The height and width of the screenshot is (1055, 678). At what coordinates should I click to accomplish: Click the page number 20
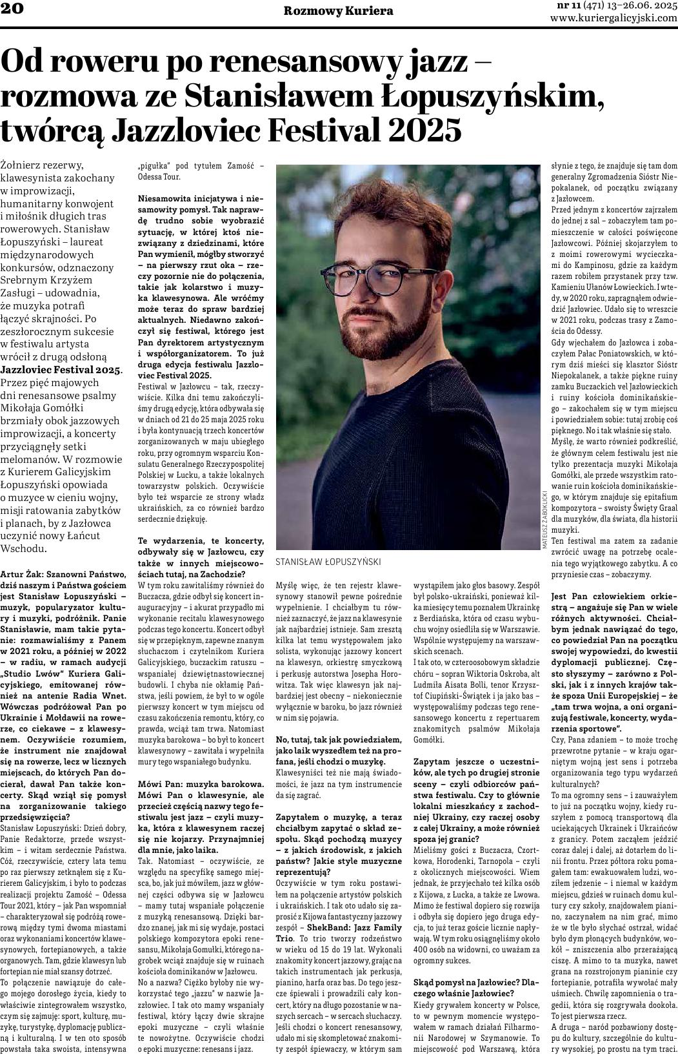point(12,8)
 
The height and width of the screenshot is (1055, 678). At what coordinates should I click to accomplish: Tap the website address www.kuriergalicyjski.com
point(613,18)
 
